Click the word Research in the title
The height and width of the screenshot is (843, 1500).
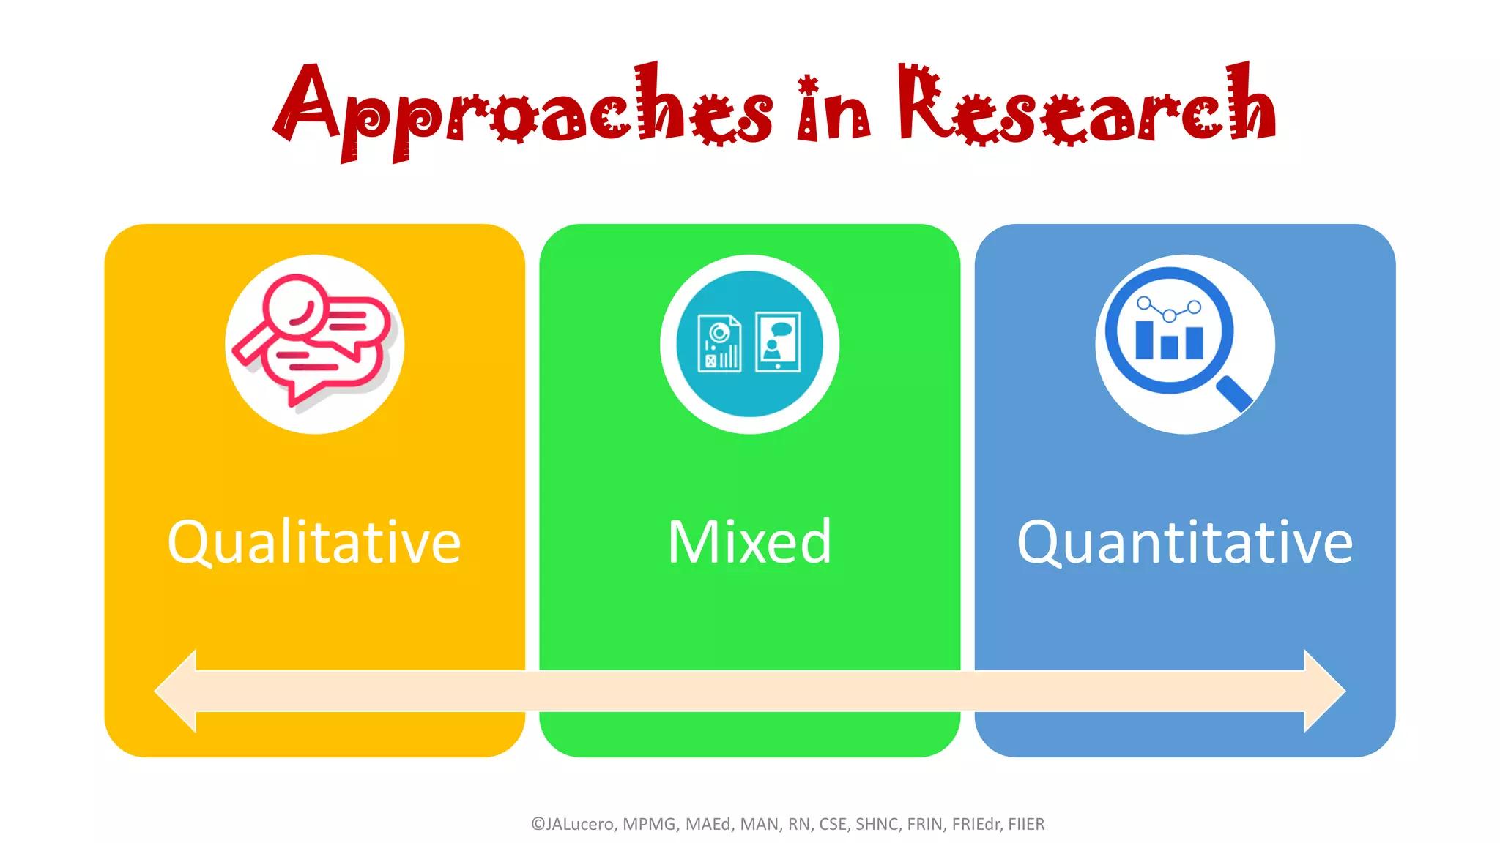pyautogui.click(x=1087, y=106)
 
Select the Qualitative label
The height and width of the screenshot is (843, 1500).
pyautogui.click(x=314, y=542)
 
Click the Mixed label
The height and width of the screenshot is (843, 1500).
pyautogui.click(x=749, y=542)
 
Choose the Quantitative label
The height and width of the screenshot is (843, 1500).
pyautogui.click(x=1184, y=542)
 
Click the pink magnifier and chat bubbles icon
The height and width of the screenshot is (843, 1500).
pyautogui.click(x=314, y=343)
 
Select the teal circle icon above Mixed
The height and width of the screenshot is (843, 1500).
pyautogui.click(x=749, y=344)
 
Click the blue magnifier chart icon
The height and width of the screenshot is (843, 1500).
pyautogui.click(x=1184, y=343)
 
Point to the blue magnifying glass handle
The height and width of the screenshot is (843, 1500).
pyautogui.click(x=1235, y=394)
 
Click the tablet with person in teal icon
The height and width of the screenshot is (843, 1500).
pyautogui.click(x=778, y=342)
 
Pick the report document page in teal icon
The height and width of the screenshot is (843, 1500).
pyautogui.click(x=719, y=343)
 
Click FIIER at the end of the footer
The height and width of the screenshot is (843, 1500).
pyautogui.click(x=1026, y=824)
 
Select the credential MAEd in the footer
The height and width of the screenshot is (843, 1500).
pyautogui.click(x=709, y=824)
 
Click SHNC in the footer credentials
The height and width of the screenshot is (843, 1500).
pyautogui.click(x=877, y=824)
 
